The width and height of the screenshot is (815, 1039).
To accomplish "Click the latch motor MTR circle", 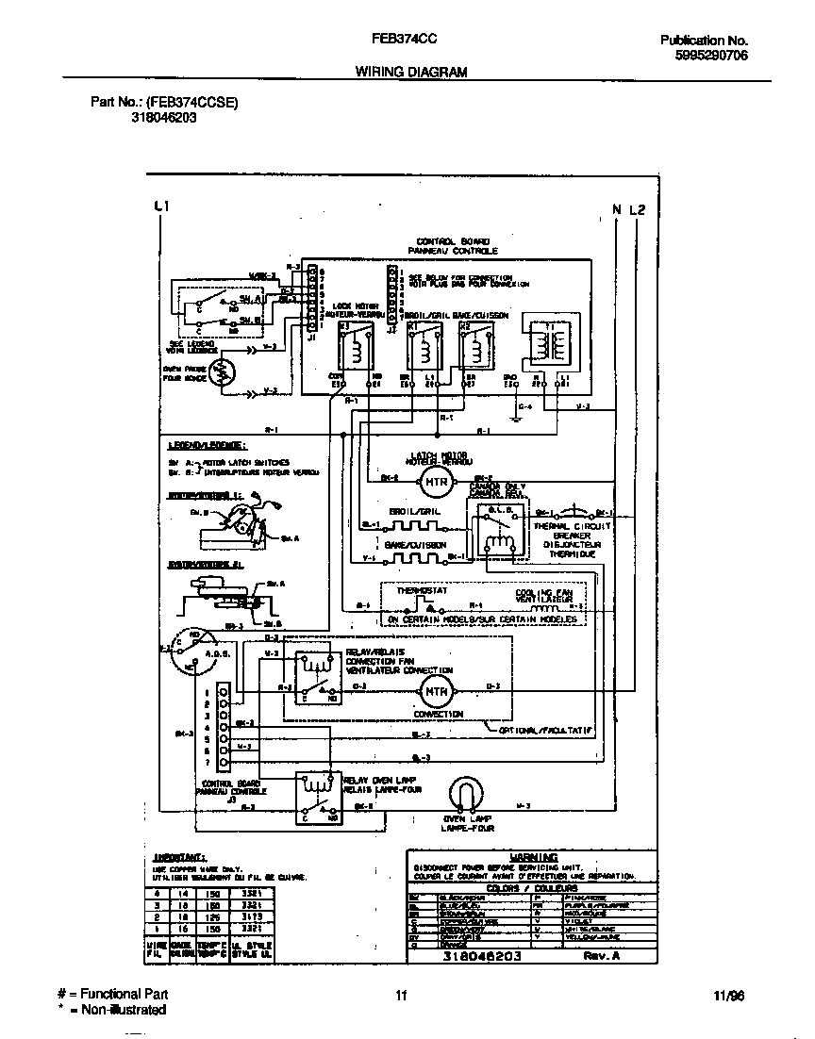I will pos(435,484).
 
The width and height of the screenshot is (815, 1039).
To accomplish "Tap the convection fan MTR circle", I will pos(435,691).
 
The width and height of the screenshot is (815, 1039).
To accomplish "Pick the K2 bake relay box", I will pos(476,347).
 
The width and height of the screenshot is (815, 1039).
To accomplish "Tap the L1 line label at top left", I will pos(160,206).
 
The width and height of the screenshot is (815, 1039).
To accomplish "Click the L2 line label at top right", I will pos(638,209).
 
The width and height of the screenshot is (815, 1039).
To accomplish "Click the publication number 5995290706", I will pos(712,56).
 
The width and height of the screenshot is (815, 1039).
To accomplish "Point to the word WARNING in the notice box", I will pos(534,856).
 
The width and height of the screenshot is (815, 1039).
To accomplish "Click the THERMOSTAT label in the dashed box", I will pos(420,590).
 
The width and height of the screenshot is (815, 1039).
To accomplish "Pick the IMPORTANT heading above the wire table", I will pos(178,858).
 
